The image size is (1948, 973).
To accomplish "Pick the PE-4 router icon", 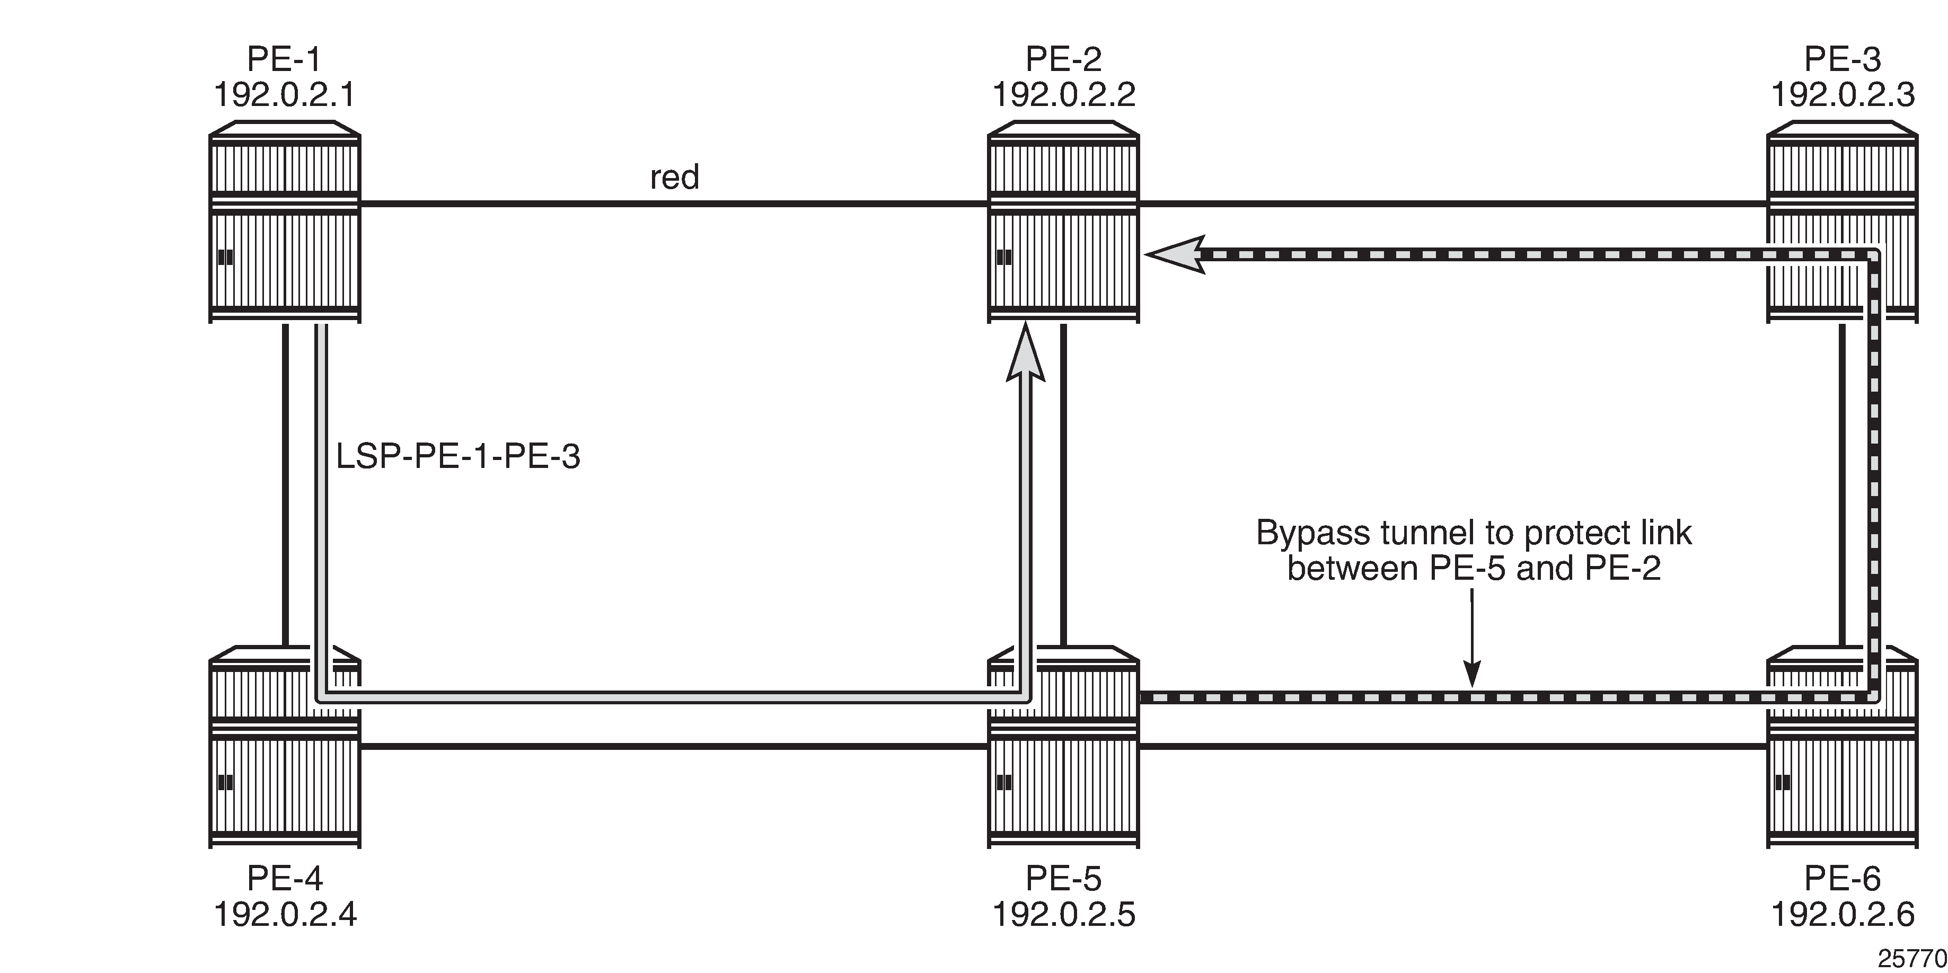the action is (284, 747).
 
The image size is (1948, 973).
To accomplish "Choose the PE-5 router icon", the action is (1063, 747).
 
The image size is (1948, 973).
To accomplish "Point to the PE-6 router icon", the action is (1842, 747).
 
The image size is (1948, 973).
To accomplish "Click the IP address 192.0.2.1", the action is (284, 95).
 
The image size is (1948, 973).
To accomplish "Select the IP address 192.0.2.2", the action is (1063, 95).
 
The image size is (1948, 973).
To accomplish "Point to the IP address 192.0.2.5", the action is (1063, 915).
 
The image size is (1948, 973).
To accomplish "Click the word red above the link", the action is (675, 178).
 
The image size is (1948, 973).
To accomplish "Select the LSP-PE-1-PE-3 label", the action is (459, 457).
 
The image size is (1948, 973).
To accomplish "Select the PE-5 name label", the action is (1063, 879).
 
